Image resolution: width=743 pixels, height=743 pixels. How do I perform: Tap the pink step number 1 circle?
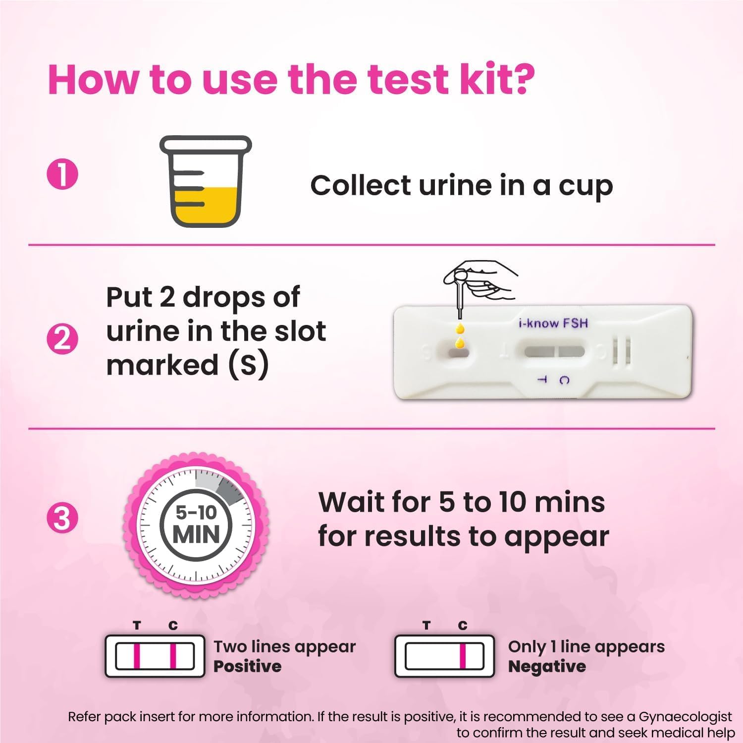click(x=62, y=174)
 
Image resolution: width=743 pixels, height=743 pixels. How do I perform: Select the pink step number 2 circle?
click(x=62, y=340)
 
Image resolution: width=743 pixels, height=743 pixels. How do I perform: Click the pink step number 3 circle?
click(x=62, y=519)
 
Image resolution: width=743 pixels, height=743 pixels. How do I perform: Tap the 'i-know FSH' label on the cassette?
click(x=553, y=323)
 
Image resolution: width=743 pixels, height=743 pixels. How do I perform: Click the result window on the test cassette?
click(x=554, y=352)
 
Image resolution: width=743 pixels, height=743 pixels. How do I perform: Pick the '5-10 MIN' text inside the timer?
click(x=196, y=525)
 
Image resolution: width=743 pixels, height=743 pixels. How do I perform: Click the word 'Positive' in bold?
click(x=247, y=667)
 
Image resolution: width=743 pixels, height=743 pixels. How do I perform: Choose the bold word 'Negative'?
click(x=547, y=667)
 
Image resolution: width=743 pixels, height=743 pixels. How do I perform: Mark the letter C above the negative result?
click(x=463, y=626)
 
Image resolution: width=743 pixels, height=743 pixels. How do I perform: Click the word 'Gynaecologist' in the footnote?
click(x=685, y=717)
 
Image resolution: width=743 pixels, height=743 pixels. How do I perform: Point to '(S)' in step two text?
click(x=248, y=365)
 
